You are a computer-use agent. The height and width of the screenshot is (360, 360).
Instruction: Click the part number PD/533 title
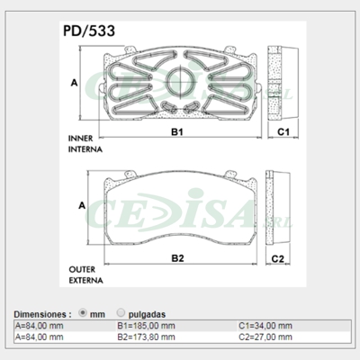click(88, 31)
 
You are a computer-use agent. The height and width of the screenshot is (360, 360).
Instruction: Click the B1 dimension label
click(178, 132)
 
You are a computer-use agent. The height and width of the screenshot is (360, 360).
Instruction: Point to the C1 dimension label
click(282, 132)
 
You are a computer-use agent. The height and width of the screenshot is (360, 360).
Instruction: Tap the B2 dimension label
click(178, 259)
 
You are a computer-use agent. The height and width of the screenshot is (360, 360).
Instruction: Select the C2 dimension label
click(279, 259)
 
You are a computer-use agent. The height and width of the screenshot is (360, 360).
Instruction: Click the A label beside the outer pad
click(82, 206)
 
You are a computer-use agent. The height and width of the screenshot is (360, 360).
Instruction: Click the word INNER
click(82, 139)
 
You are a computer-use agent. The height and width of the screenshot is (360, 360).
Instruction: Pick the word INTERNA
click(86, 148)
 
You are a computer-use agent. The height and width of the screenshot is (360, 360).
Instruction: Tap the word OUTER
click(83, 269)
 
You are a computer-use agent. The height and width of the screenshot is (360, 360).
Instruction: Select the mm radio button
click(83, 312)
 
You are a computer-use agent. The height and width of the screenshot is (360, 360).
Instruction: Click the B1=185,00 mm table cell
click(147, 325)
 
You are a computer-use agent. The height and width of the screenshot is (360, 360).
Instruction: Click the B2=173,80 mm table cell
click(147, 336)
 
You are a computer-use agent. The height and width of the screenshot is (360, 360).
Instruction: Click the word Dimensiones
click(41, 313)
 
